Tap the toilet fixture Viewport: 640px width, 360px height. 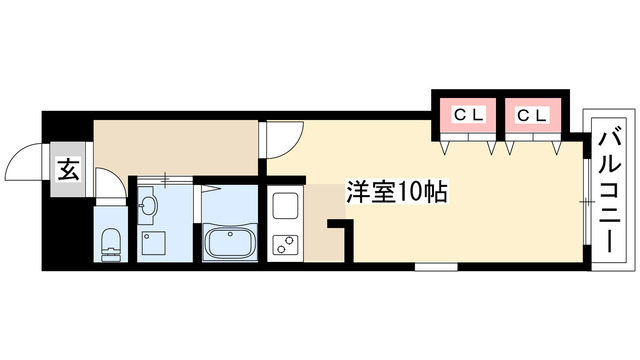[110, 241]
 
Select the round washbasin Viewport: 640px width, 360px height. [148, 207]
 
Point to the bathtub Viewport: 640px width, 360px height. [229, 241]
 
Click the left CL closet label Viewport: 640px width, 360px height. [469, 115]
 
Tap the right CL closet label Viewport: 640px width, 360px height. [531, 115]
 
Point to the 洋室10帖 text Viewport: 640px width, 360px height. [396, 189]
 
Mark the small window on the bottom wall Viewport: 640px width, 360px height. [436, 267]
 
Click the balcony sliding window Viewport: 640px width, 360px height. [586, 200]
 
